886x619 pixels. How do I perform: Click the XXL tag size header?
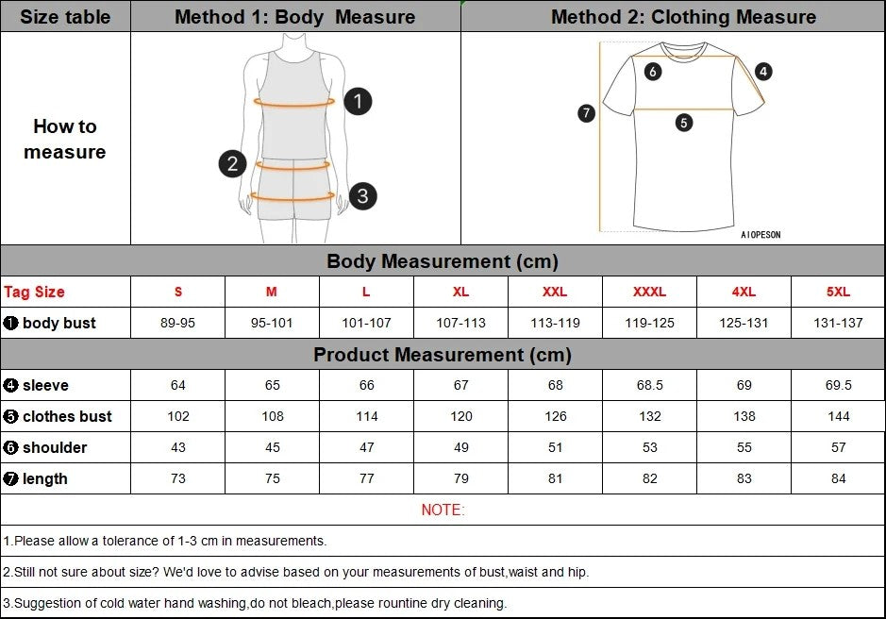[555, 292]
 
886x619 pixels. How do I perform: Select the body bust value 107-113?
[460, 323]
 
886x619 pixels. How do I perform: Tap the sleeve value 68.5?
[649, 385]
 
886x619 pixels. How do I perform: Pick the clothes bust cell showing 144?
[838, 416]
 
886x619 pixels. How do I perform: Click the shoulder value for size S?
[178, 447]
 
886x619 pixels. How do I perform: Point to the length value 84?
[838, 478]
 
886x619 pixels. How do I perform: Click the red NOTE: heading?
[443, 510]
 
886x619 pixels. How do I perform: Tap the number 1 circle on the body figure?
[358, 101]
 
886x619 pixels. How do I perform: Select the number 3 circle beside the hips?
[362, 196]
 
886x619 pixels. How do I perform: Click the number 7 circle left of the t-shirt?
[586, 113]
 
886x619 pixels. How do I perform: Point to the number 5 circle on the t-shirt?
[684, 122]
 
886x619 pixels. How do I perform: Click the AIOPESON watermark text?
[761, 235]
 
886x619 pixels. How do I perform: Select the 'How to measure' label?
[65, 139]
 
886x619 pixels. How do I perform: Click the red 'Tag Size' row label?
[35, 292]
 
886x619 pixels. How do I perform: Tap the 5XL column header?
[838, 292]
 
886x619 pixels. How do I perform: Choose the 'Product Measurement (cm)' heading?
[443, 355]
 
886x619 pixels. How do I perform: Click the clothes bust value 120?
[460, 416]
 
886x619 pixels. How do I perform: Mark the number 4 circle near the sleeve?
[763, 71]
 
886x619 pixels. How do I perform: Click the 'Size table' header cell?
[65, 17]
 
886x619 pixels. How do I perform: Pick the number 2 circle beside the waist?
[233, 163]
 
